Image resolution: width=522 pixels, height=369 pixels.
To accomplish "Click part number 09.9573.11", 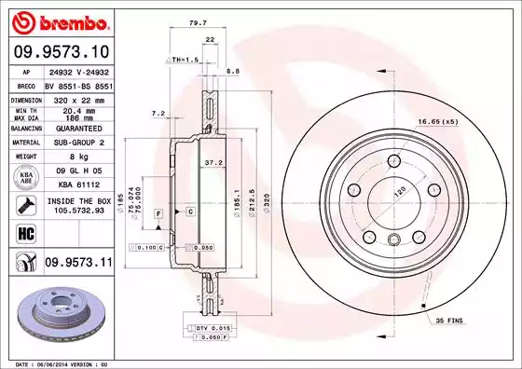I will pyautogui.click(x=77, y=263).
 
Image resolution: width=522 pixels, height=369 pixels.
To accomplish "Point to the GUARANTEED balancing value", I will pyautogui.click(x=78, y=129).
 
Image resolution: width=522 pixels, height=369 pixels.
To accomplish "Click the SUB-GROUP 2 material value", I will pyautogui.click(x=78, y=143).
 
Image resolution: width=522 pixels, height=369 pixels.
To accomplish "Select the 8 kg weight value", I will pyautogui.click(x=78, y=157).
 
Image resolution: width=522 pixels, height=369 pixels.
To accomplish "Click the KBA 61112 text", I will pyautogui.click(x=78, y=186).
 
